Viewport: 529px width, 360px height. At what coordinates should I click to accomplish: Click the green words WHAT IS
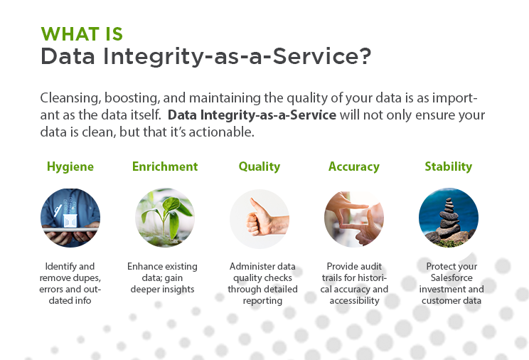click(x=82, y=34)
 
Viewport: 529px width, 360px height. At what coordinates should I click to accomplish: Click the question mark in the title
click(x=364, y=55)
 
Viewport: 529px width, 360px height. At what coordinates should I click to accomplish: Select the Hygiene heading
click(x=70, y=166)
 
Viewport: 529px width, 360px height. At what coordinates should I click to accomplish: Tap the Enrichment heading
click(x=165, y=166)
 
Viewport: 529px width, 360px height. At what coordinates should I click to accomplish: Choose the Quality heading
click(x=260, y=166)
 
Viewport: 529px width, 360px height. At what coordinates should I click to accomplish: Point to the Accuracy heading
click(x=354, y=166)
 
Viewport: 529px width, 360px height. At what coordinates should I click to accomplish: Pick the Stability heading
click(x=449, y=166)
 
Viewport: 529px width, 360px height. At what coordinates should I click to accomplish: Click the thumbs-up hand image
click(x=260, y=218)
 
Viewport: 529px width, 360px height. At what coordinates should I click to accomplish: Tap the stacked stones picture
click(x=449, y=218)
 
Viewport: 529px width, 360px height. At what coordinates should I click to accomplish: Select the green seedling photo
click(x=165, y=218)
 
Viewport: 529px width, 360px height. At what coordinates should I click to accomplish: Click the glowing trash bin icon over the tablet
click(x=70, y=220)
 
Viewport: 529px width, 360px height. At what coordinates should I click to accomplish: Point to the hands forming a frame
click(x=354, y=218)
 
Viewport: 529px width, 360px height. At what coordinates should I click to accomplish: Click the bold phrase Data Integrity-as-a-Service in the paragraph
click(x=252, y=115)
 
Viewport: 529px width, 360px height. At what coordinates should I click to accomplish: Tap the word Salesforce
click(x=451, y=278)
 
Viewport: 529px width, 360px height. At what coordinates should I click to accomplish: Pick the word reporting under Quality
click(x=262, y=301)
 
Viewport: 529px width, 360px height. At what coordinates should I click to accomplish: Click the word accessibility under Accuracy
click(x=354, y=301)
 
